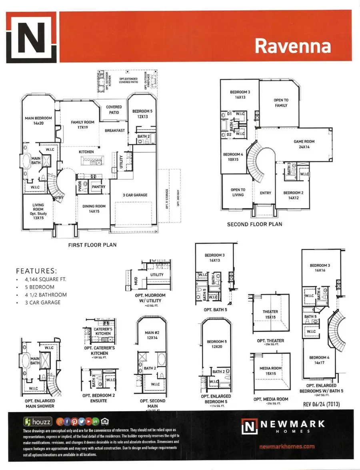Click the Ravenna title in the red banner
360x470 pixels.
click(x=293, y=46)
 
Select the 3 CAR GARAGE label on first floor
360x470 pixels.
click(x=135, y=195)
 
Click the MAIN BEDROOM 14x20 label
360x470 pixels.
click(x=38, y=121)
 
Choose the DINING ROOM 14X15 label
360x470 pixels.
click(x=94, y=209)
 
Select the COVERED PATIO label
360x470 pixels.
click(x=114, y=110)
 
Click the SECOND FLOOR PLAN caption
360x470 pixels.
click(x=254, y=224)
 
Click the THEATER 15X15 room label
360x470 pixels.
click(x=270, y=314)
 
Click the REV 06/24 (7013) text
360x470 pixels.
click(x=321, y=404)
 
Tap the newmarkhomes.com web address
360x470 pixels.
click(x=287, y=446)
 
